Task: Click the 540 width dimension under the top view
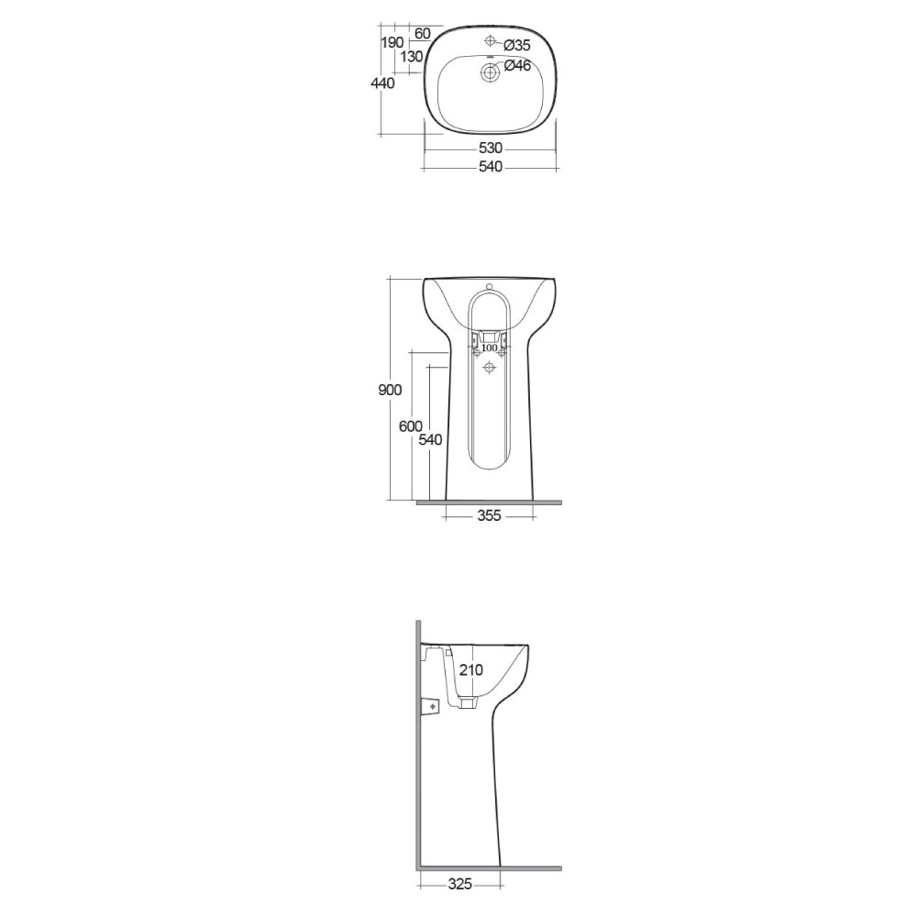(491, 167)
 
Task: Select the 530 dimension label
(491, 149)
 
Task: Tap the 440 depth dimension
(382, 83)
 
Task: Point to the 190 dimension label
(392, 42)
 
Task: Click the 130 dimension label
(412, 57)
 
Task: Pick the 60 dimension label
(423, 34)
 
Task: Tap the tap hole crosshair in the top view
(490, 41)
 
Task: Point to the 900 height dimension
(390, 390)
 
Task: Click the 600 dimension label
(410, 425)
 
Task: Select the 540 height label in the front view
(430, 439)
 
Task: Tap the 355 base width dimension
(489, 516)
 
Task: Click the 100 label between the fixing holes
(489, 348)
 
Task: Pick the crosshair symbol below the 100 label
(489, 367)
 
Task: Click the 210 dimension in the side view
(470, 670)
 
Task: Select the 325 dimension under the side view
(459, 884)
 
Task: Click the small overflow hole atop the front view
(489, 283)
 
